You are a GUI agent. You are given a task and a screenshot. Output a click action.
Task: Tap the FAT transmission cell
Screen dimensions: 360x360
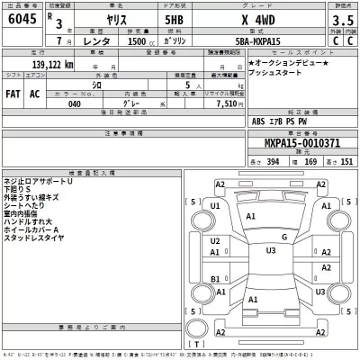tap(15, 94)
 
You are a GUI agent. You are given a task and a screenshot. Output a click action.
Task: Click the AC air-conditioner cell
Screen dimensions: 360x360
tap(37, 94)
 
